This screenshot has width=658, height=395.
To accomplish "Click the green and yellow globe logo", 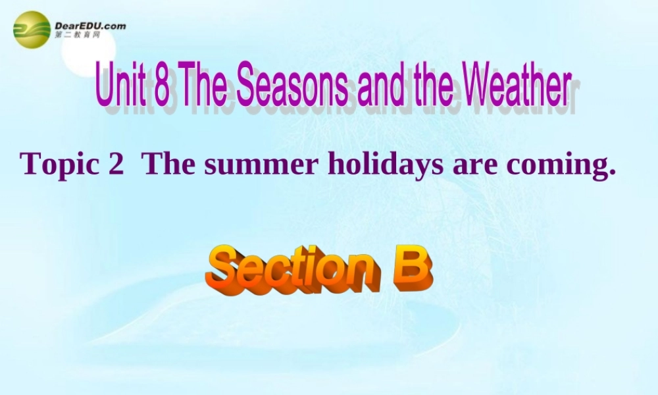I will [x=32, y=30].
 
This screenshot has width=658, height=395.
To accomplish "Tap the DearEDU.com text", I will [x=90, y=26].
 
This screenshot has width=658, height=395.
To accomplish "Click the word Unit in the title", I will [x=120, y=86].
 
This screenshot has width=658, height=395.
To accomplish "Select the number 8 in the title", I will [x=161, y=86].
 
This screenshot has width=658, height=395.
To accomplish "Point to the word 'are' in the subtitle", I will [x=475, y=165].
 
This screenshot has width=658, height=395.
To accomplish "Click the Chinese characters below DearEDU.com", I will [x=78, y=35].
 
